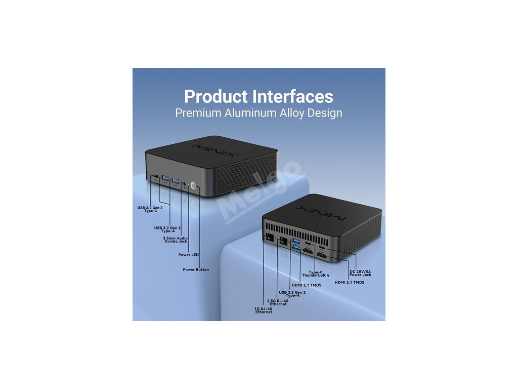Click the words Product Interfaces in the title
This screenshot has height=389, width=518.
click(258, 96)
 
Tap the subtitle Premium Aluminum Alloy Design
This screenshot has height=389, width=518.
click(258, 112)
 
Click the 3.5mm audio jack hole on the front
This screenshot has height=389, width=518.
click(185, 183)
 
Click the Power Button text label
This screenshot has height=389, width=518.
click(195, 269)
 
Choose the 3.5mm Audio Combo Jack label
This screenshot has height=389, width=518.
click(175, 240)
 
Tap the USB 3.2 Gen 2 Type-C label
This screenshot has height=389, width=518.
click(150, 209)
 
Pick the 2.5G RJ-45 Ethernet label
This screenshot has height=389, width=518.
click(277, 302)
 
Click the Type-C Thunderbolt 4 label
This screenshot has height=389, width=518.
click(315, 274)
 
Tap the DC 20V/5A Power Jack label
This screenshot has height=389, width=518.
click(360, 273)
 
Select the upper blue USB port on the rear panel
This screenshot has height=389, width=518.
click(296, 240)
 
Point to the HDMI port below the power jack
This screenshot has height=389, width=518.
click(322, 257)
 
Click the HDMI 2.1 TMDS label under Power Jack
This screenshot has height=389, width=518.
click(350, 282)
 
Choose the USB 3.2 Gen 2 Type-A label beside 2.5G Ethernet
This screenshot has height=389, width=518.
click(292, 294)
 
